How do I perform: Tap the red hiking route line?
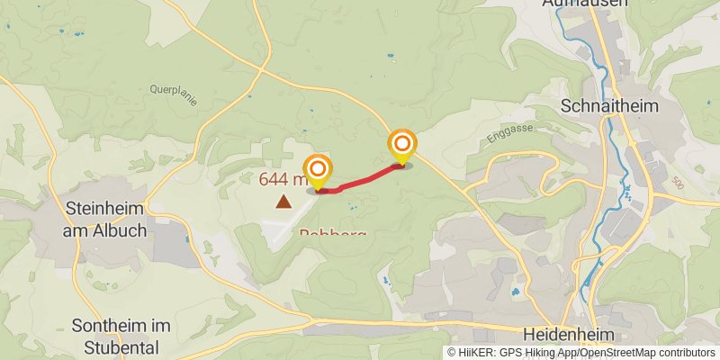360,180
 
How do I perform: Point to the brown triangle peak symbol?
283,202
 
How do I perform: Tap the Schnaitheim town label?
609,105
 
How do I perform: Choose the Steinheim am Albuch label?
105,219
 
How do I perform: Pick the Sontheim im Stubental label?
114,336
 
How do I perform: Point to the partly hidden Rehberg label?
332,234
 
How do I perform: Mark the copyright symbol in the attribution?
452,353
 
